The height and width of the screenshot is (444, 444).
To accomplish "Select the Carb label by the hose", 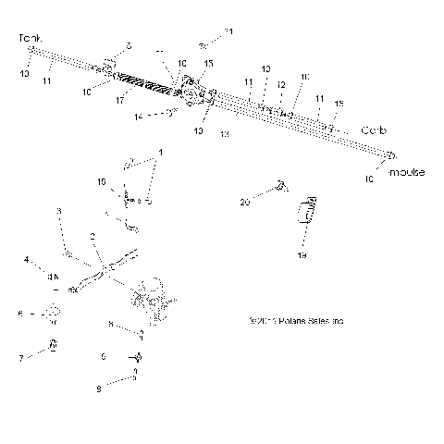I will click(373, 129).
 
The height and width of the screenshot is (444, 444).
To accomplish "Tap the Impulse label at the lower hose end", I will click(406, 173).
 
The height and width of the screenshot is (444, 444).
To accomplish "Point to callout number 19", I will click(301, 253).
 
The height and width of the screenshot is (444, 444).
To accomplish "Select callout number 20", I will click(245, 201).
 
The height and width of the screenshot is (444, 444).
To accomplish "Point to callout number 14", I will click(139, 117).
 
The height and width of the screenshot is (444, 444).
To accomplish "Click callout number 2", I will click(93, 237).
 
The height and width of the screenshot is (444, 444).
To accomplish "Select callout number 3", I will click(59, 212).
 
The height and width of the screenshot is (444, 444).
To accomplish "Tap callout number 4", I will click(27, 259).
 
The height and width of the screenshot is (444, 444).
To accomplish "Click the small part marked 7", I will click(53, 346).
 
